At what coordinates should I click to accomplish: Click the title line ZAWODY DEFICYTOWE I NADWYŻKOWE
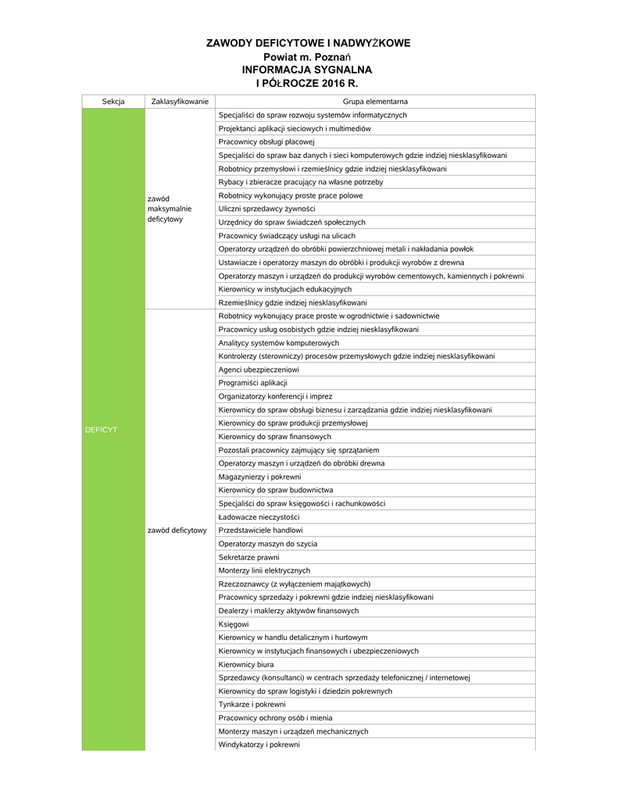tap(308, 43)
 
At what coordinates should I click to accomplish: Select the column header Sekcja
tap(113, 102)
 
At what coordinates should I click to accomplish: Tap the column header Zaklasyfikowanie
tap(180, 102)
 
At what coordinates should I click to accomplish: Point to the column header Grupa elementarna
tap(375, 102)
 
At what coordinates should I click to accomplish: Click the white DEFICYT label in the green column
tap(101, 430)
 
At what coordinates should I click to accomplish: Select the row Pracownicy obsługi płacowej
tap(266, 142)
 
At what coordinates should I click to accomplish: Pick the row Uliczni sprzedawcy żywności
tap(267, 209)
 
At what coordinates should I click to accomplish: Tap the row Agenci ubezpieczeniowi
tap(259, 370)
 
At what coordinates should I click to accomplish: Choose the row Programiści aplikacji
tap(253, 383)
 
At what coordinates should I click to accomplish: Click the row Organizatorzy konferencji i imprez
tap(275, 396)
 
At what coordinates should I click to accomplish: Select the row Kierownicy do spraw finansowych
tap(275, 437)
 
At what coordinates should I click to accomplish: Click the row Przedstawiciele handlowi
tap(261, 530)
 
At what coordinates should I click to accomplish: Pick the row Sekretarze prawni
tap(248, 557)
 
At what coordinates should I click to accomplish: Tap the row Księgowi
tap(234, 624)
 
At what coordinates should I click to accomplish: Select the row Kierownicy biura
tap(246, 664)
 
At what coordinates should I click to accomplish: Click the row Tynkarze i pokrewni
tap(247, 705)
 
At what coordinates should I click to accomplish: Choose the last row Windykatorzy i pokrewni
tap(259, 745)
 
